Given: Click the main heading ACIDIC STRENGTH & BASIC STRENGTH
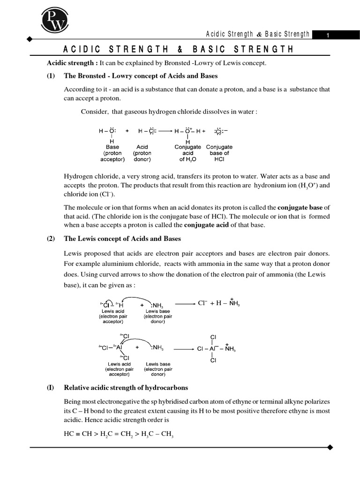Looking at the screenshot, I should pos(179,50).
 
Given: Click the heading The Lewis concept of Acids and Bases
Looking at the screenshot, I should pos(122,239).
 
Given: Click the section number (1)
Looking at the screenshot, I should pos(51,76).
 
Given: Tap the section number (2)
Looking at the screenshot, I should pos(51,239).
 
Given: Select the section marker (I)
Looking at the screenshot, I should pos(51,388).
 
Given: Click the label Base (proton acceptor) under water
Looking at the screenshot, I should pos(112,153).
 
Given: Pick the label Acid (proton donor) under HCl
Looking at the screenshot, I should pos(142,153).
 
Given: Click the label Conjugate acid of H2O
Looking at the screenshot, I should pos(187,153).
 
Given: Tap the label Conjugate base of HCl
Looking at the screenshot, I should pos(219,153).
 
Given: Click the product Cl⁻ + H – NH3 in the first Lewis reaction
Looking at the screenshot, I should pos(219,304).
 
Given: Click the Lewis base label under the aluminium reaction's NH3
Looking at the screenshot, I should pos(158,369).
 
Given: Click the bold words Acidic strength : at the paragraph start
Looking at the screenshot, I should pos(72,63).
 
